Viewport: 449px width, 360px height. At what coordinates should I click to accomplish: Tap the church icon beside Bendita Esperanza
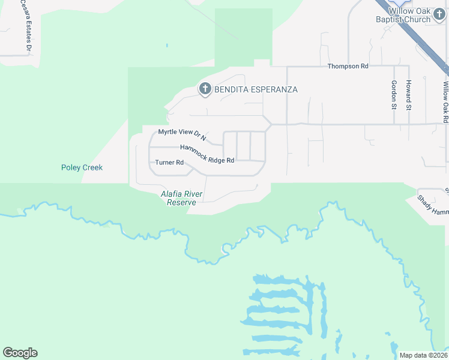pos(205,89)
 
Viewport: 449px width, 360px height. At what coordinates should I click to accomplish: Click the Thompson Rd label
pos(348,67)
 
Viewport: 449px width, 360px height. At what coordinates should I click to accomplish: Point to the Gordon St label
pos(394,95)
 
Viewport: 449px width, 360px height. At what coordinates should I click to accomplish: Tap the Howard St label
pos(408,95)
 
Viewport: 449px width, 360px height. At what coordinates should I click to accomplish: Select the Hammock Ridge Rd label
pos(207,154)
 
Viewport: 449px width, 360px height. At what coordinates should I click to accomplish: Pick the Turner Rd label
pos(169,163)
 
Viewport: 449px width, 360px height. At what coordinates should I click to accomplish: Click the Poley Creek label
pos(82,167)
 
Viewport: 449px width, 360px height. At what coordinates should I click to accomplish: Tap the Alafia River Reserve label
pos(182,198)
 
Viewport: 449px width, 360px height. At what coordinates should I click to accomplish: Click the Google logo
pos(20,352)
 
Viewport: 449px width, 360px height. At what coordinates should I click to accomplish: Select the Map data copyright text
pos(422,355)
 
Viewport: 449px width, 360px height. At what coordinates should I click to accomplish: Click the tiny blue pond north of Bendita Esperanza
pos(167,44)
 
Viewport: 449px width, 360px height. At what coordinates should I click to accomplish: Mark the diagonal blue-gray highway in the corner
pos(414,33)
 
